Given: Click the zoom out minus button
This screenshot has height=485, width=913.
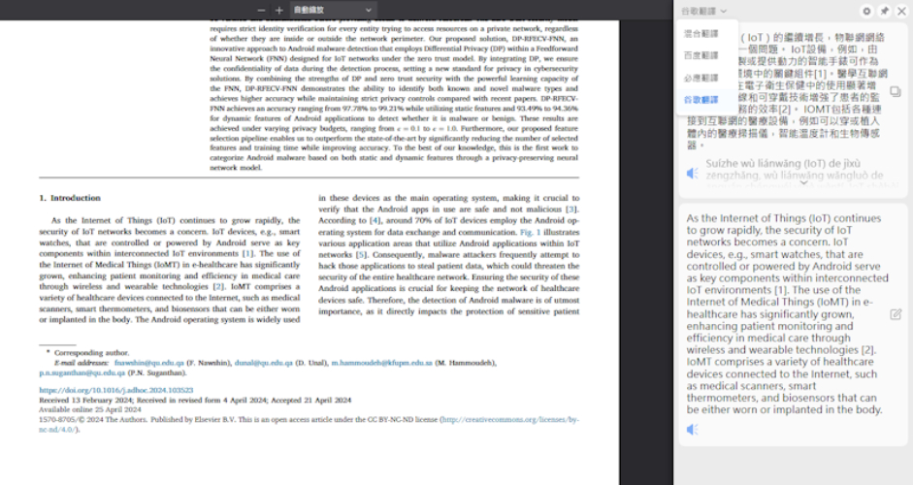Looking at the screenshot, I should click(x=262, y=10).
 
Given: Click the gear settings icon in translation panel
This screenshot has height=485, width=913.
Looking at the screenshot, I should click(x=866, y=11).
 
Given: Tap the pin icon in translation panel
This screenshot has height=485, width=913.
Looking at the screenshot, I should click(x=884, y=11).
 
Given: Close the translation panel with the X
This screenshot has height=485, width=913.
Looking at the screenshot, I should click(x=900, y=11).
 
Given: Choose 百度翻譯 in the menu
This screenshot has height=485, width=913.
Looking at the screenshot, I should click(x=701, y=55).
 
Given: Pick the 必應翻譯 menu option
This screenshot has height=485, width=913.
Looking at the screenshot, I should click(x=701, y=78).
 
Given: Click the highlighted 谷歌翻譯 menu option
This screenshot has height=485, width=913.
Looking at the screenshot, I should click(x=701, y=100).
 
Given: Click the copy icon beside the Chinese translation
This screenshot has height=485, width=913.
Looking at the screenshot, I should click(x=895, y=91).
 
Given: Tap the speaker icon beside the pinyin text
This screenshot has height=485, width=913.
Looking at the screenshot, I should click(x=693, y=173).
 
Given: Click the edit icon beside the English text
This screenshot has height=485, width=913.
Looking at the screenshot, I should click(x=895, y=314).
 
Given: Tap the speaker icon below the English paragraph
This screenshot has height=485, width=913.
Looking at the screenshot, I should click(x=693, y=429).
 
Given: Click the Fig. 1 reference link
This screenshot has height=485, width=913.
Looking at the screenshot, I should click(x=529, y=233).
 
